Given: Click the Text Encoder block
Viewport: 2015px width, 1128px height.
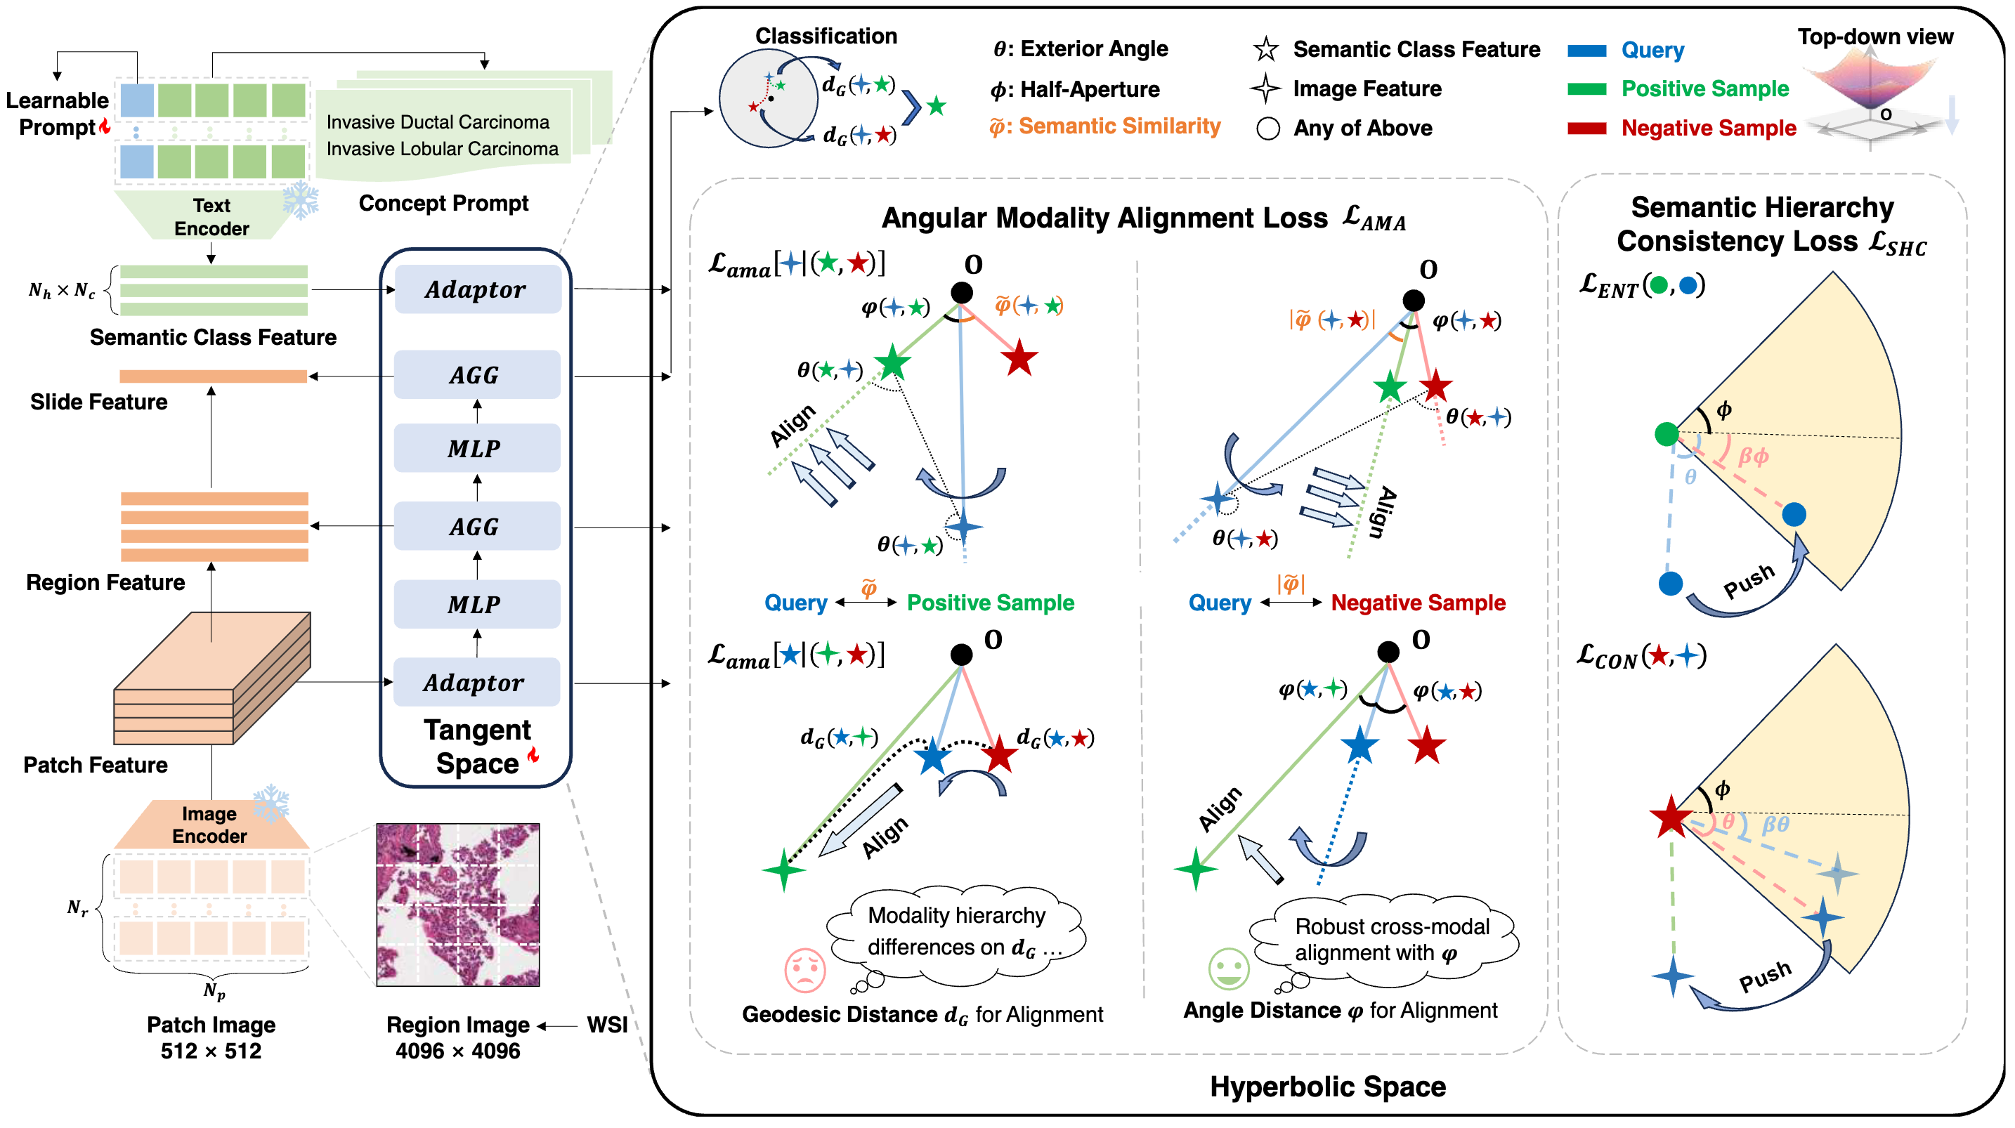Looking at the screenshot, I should [211, 217].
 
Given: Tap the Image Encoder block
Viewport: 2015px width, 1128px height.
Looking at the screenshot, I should [209, 825].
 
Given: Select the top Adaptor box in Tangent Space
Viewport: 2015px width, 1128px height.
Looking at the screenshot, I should [477, 289].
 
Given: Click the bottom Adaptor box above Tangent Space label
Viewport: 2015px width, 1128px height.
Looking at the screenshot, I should [476, 682].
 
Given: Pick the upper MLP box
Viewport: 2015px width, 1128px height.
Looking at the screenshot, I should [476, 448].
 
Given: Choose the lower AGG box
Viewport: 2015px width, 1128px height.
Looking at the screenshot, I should [476, 527].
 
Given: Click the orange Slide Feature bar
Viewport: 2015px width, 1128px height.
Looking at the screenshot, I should [213, 376].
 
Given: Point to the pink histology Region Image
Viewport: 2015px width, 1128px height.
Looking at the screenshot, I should [457, 904].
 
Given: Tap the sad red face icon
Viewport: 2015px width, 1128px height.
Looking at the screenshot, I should [805, 969].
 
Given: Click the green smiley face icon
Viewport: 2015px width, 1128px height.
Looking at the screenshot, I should [1228, 969].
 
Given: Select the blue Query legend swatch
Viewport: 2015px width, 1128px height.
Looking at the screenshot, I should [1586, 51].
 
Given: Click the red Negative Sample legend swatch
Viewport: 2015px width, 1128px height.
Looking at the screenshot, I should [1586, 129].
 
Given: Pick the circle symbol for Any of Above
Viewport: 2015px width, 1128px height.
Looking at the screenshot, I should [1268, 129].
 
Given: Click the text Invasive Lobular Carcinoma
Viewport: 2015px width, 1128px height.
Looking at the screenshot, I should [442, 149].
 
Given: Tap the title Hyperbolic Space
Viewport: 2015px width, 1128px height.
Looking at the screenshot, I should [1327, 1087].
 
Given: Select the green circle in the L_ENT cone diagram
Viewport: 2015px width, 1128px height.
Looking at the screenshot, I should [1666, 433].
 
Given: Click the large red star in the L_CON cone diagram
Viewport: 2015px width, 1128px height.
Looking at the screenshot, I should [1671, 817].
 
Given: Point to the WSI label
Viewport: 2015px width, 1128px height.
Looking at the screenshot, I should [607, 1025].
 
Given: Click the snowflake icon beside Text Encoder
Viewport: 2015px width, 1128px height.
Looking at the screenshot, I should [301, 200].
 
